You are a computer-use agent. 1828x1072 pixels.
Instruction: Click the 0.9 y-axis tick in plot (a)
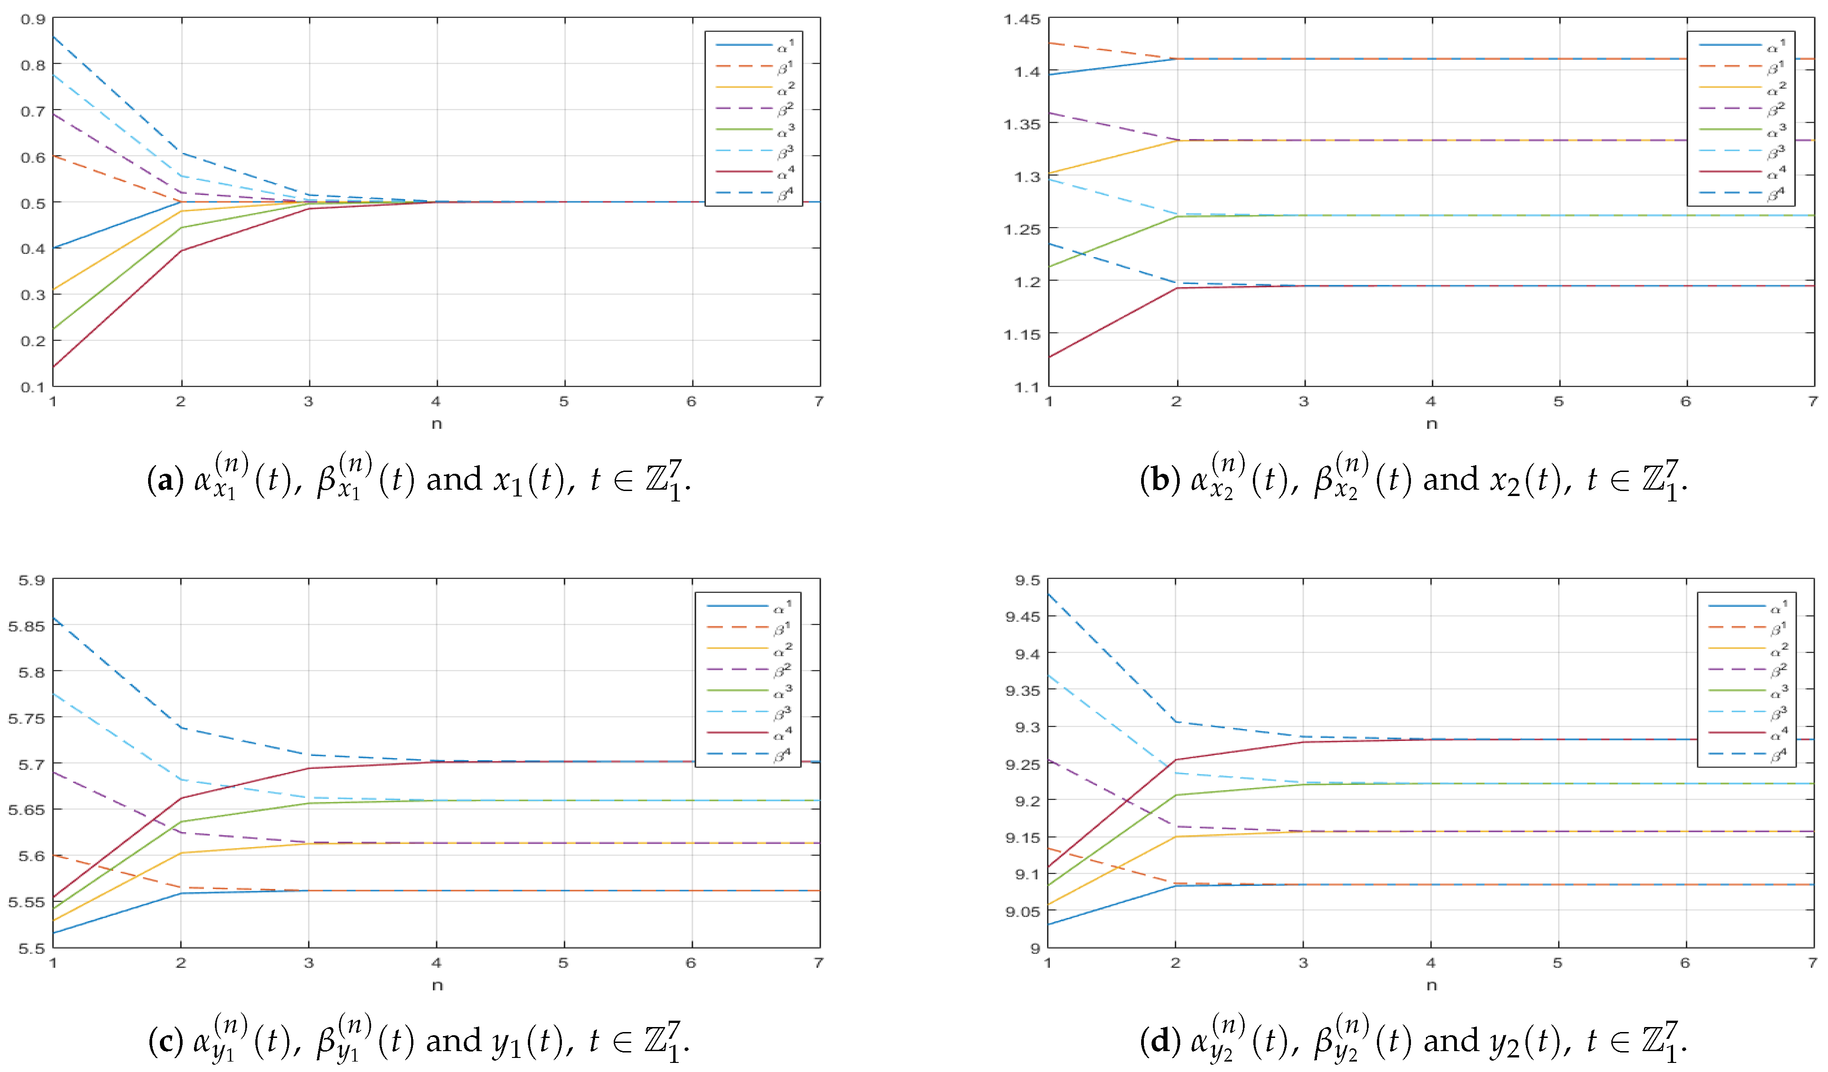(33, 20)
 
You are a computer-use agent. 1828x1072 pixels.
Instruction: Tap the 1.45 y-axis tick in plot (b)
(1021, 20)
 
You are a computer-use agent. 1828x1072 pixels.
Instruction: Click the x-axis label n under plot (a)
(437, 424)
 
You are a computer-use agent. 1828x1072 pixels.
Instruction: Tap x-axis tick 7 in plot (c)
(818, 963)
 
